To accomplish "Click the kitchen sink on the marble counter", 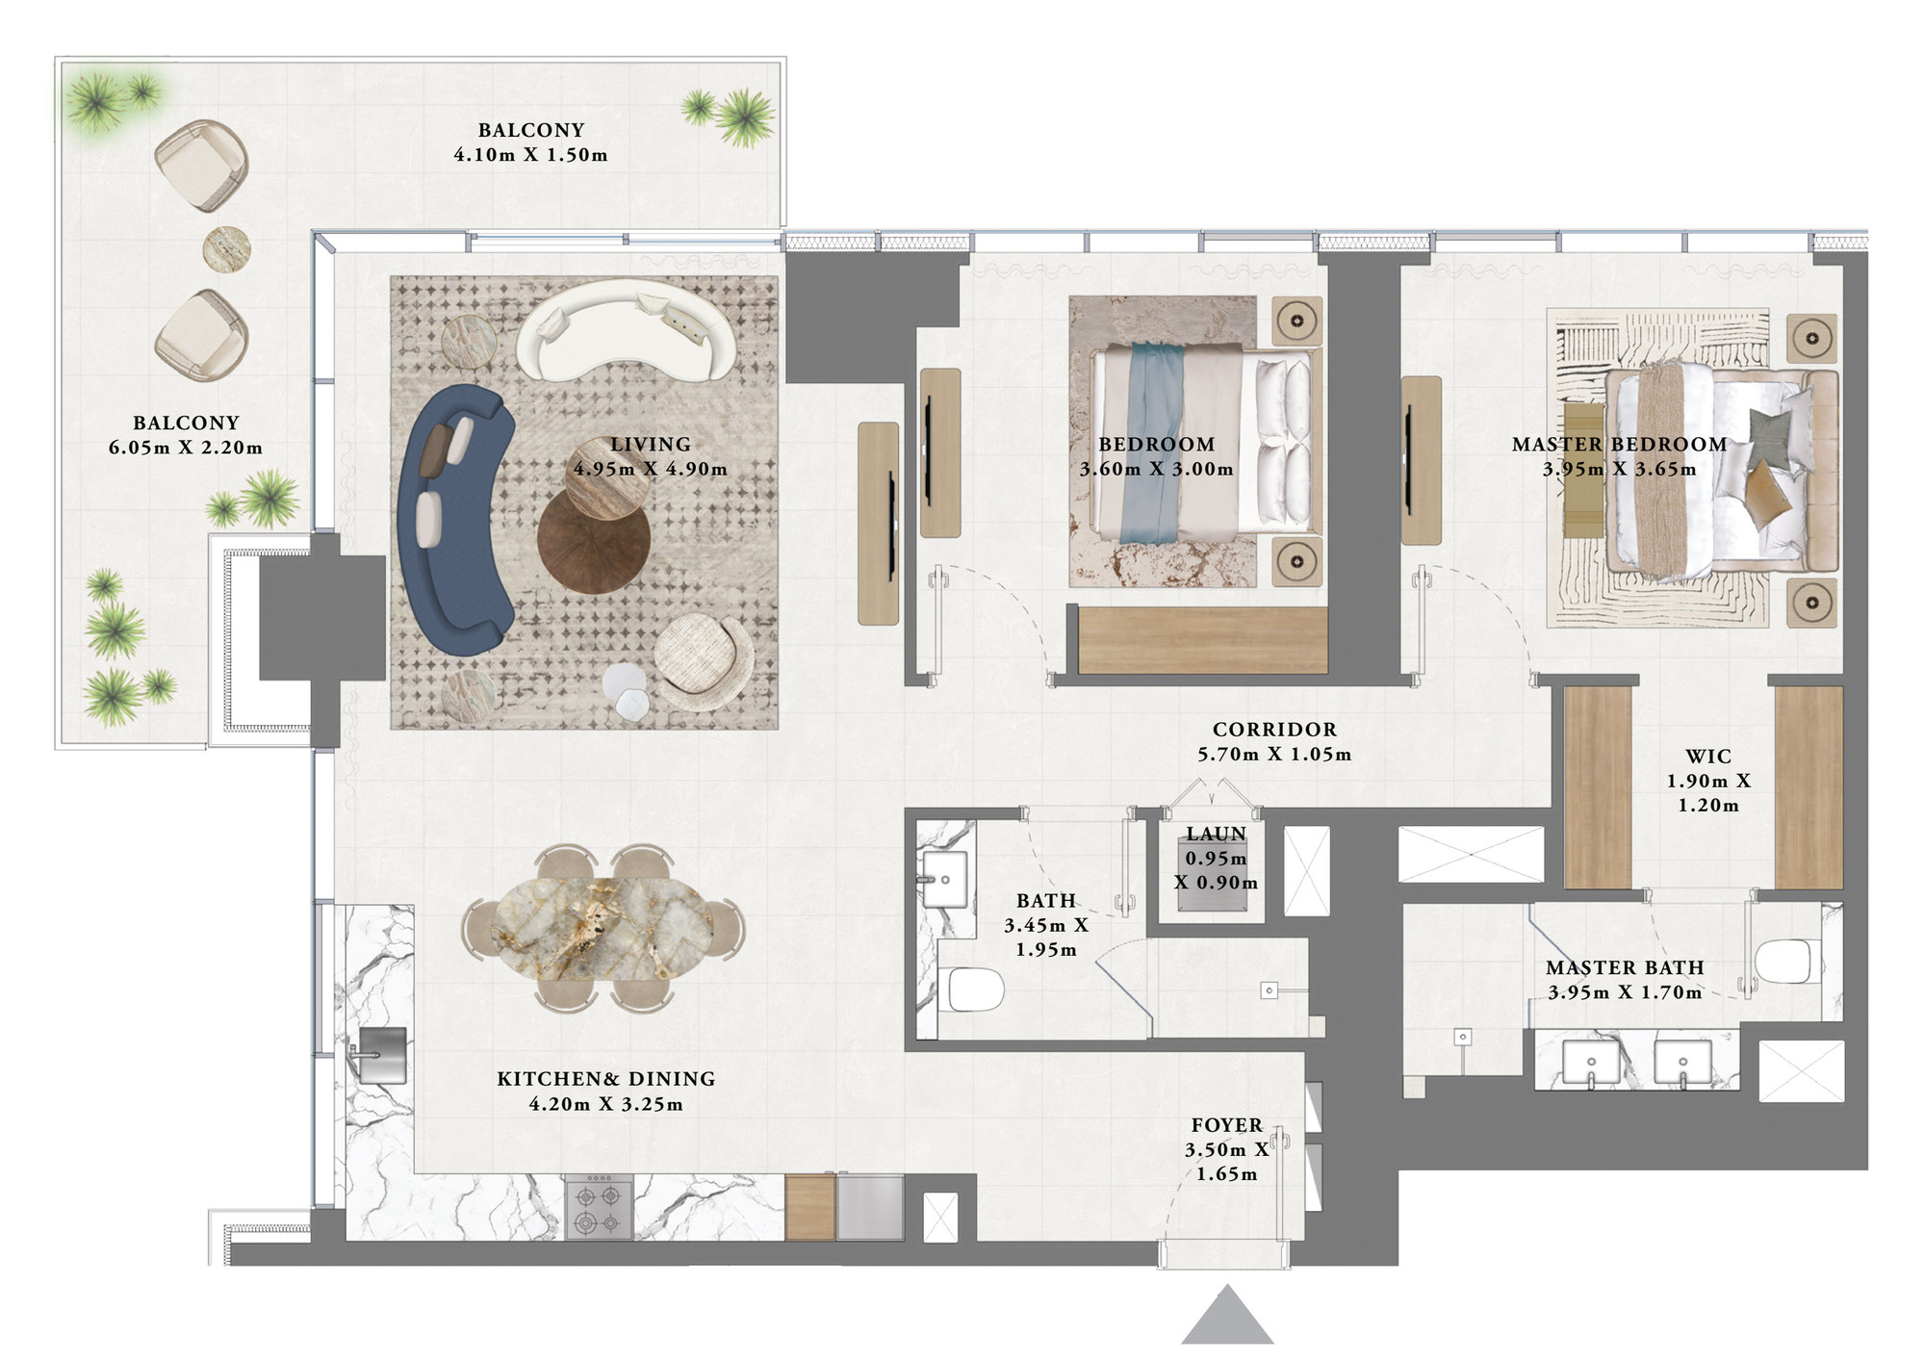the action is point(380,1056).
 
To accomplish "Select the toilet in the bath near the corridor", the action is point(976,990).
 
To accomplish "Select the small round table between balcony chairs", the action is point(226,249).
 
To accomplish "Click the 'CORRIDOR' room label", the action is point(1274,730).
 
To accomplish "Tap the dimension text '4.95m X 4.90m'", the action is point(651,469).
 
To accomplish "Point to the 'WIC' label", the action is point(1708,757).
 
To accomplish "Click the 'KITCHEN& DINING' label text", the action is point(606,1079).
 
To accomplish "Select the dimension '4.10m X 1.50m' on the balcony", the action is point(531,155).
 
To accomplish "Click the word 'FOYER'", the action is point(1227,1125).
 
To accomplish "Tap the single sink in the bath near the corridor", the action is point(944,879).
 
